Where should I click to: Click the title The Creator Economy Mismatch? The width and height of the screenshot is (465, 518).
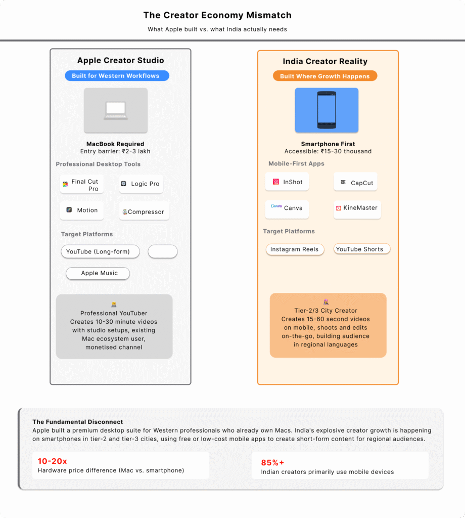tap(217, 15)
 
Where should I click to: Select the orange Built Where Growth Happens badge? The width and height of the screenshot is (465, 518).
tap(325, 76)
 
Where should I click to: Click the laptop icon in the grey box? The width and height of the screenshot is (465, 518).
tap(116, 111)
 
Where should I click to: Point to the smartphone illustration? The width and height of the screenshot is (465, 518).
tap(327, 110)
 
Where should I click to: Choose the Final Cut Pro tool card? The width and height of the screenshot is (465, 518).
tap(82, 185)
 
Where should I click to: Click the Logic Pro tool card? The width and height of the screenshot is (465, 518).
tap(141, 184)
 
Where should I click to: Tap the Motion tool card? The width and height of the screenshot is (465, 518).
tap(82, 210)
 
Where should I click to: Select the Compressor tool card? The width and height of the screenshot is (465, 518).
tap(144, 212)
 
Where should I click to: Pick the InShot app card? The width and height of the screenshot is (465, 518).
tap(287, 182)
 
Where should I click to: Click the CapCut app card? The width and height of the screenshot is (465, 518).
tap(356, 183)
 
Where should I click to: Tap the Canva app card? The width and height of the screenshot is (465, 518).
tap(287, 208)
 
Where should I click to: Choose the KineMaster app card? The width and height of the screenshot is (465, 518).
tap(357, 208)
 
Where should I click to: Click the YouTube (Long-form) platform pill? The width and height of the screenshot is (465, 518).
tap(100, 251)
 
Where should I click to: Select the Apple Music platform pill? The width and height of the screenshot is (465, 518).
tap(98, 273)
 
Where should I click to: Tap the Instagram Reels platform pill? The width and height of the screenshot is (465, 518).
tap(295, 249)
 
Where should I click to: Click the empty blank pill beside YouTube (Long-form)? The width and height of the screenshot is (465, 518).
tap(163, 251)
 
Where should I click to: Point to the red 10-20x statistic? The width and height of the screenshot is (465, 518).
tap(53, 461)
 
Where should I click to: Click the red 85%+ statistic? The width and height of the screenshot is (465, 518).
tap(273, 462)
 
